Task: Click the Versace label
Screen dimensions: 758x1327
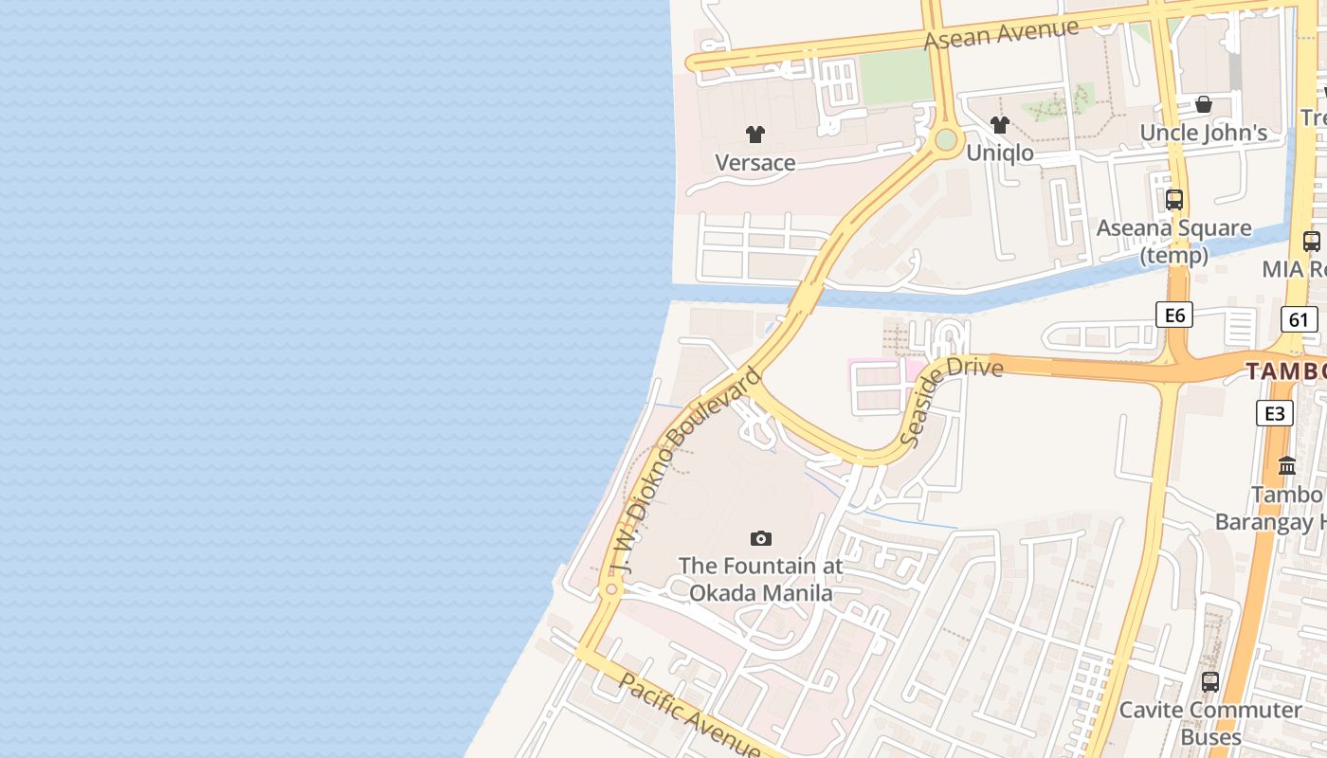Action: click(755, 163)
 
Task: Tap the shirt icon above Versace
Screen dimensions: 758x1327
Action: click(755, 135)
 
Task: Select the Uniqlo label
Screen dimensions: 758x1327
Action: click(1000, 153)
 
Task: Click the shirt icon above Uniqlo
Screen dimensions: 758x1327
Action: click(1000, 124)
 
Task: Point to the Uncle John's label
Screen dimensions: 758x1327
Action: click(1204, 133)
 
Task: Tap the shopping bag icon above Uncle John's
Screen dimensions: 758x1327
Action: click(1204, 104)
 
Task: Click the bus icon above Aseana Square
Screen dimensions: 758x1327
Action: click(1174, 200)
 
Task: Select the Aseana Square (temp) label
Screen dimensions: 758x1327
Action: click(1174, 242)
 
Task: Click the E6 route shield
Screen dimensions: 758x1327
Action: click(1174, 315)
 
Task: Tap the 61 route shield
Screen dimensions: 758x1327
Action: click(1299, 319)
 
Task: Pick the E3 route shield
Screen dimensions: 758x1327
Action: click(1275, 413)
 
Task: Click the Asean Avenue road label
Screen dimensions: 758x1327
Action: click(1001, 34)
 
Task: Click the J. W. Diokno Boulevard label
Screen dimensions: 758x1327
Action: click(685, 473)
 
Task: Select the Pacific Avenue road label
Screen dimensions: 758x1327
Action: click(689, 715)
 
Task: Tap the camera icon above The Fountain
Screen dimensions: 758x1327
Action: click(761, 539)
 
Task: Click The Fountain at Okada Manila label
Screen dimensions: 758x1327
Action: click(761, 580)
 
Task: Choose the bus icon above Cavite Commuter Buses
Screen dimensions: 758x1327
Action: click(1210, 681)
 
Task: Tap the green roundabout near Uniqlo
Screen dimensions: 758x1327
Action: click(946, 140)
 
